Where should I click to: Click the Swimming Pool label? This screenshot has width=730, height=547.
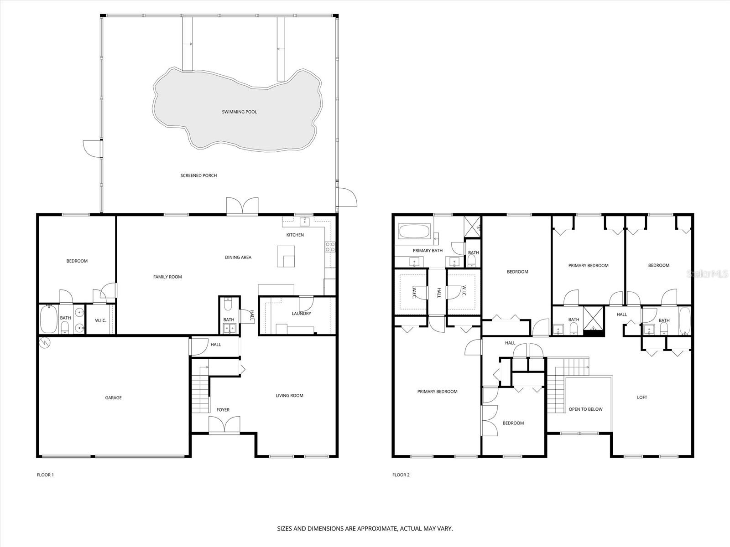point(239,112)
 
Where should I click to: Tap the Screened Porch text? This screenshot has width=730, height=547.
point(198,175)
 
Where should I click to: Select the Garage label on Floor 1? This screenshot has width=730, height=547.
point(113,398)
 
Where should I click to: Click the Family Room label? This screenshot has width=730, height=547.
point(167,277)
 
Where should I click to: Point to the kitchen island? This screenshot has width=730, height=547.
point(286,256)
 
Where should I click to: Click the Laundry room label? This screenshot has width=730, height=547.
point(301,314)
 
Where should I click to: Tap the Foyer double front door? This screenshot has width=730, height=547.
point(224,425)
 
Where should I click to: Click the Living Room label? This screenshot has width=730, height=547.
point(289,396)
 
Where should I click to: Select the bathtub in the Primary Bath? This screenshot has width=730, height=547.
point(414,232)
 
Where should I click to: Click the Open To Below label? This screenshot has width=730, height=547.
point(585,409)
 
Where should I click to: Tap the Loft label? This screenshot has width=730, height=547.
point(642,397)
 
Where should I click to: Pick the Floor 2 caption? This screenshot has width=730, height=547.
point(401,475)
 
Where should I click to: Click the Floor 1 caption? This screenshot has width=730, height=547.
point(45,475)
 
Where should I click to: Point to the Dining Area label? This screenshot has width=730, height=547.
point(238,258)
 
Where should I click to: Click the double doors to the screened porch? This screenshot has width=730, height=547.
point(242,206)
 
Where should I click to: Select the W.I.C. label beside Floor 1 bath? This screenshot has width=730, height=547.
point(100,320)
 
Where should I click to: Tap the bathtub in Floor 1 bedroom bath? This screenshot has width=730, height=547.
point(48,320)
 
